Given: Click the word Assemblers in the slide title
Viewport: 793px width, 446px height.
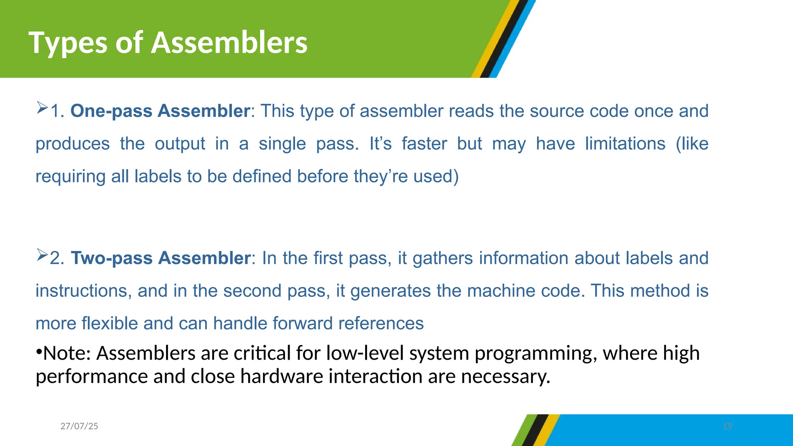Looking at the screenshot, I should point(229,43).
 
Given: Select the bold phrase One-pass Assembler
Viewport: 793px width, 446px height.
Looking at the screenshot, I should point(160,111).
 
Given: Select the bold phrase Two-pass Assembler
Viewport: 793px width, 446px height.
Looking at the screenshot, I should point(161,258).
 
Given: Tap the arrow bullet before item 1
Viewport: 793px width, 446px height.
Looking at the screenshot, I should point(42,107).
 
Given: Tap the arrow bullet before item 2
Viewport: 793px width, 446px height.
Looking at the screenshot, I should point(42,254).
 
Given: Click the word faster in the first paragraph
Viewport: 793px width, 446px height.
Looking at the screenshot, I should point(424,144).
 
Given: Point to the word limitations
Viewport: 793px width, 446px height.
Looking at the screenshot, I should point(625,144).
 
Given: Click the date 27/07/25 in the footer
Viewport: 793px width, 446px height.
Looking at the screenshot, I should point(79,426).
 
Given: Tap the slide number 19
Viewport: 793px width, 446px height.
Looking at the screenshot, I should point(728,426).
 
